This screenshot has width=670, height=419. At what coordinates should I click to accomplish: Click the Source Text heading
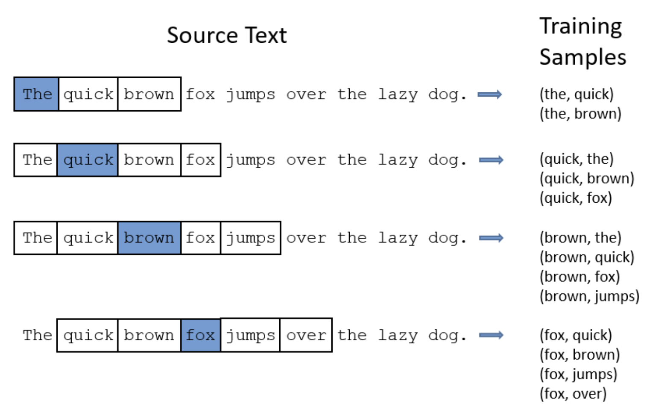point(227,35)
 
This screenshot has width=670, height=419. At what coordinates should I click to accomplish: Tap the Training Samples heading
point(582,42)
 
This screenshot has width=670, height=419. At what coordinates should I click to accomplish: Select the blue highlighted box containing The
point(36,94)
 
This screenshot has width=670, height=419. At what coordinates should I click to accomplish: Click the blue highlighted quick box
point(88,160)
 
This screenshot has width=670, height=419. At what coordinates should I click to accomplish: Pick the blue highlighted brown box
point(149,238)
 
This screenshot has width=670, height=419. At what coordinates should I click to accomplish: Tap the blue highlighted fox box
point(201,335)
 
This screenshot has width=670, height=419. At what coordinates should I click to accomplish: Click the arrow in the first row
point(490,94)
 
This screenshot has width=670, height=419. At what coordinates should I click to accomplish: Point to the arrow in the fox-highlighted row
point(491,335)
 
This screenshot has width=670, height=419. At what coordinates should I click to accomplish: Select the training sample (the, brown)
point(580,114)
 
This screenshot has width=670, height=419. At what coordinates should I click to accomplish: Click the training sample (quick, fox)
point(576,198)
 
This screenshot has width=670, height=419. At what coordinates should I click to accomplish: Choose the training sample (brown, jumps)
point(589,296)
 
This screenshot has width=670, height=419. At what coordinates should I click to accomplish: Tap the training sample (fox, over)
point(573,394)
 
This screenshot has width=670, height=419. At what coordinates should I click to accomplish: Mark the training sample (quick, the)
point(576,159)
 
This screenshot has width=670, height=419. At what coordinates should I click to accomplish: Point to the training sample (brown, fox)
point(579,277)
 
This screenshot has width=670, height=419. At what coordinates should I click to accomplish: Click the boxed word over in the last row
point(306,335)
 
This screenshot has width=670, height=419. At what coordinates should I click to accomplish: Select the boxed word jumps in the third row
point(251,238)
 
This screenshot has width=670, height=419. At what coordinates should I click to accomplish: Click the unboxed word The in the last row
point(38,335)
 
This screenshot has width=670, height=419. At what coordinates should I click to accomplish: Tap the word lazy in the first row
point(398,95)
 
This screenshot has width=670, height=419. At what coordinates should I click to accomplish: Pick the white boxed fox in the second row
point(201,160)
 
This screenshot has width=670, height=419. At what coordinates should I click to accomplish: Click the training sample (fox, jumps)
point(578,375)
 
